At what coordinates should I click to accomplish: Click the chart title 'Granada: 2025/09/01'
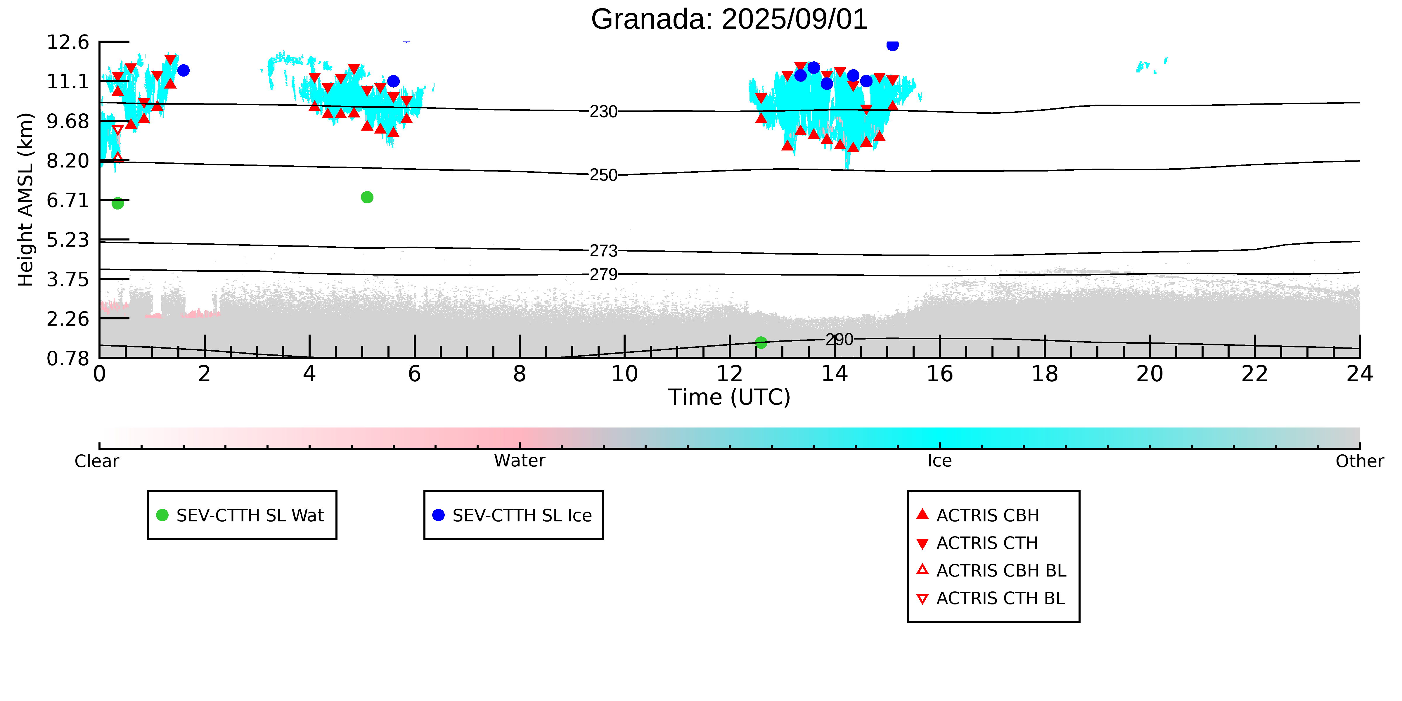pyautogui.click(x=729, y=20)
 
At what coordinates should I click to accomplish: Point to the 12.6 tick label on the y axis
pyautogui.click(x=67, y=42)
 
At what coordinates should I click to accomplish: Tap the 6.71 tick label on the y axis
pyautogui.click(x=67, y=200)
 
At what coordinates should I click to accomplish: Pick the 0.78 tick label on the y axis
pyautogui.click(x=67, y=358)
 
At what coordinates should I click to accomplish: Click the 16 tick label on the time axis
pyautogui.click(x=940, y=374)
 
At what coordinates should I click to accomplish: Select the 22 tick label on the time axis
pyautogui.click(x=1255, y=374)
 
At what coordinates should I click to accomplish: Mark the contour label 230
pyautogui.click(x=604, y=112)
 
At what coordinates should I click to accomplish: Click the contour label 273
pyautogui.click(x=604, y=251)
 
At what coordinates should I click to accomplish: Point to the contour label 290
pyautogui.click(x=839, y=340)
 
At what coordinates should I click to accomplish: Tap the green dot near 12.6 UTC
pyautogui.click(x=761, y=342)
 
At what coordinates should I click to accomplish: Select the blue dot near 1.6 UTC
pyautogui.click(x=184, y=70)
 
